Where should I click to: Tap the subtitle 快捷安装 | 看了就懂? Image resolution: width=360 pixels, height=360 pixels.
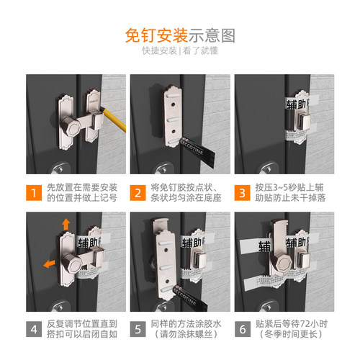(x=179, y=53)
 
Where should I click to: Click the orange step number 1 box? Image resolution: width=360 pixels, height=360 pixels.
(x=34, y=192)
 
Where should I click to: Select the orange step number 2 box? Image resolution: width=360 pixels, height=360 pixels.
(x=138, y=192)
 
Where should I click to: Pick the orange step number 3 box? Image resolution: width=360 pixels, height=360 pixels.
(x=243, y=192)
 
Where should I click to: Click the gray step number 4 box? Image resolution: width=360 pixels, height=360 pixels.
(x=34, y=330)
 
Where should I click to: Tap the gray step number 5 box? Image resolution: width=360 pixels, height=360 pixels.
(x=138, y=330)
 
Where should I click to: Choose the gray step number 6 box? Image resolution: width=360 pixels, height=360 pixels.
(x=243, y=330)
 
